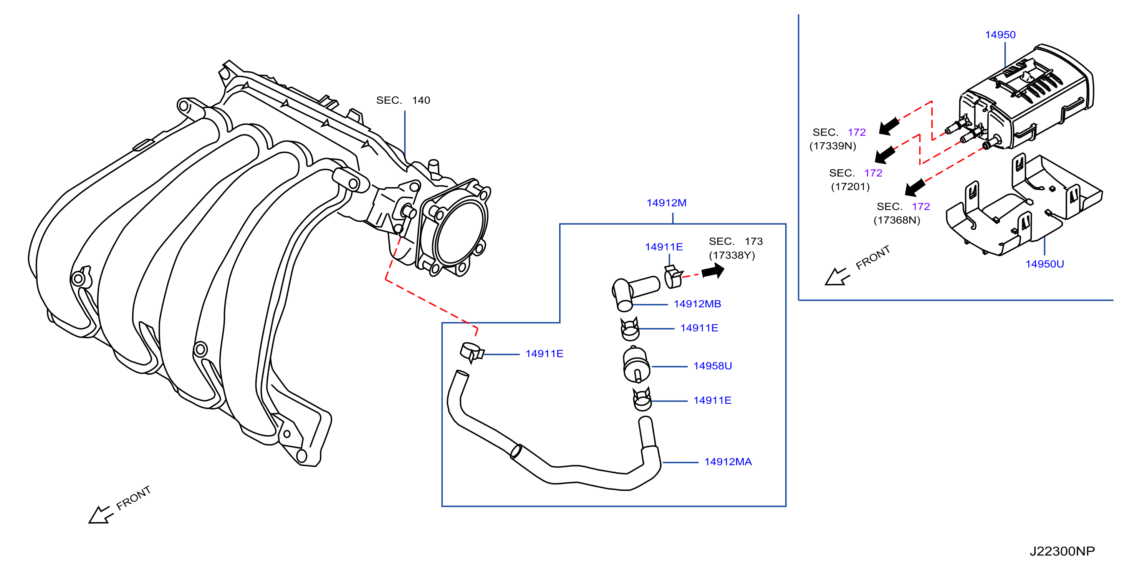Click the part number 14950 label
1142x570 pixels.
(1000, 35)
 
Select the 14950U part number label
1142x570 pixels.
(1044, 264)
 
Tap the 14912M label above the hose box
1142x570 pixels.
(666, 203)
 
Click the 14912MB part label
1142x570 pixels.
(697, 304)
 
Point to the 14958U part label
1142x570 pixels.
(712, 366)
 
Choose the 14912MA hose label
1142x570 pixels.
(728, 462)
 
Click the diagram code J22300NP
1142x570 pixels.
(1062, 551)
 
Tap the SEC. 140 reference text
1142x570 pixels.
(403, 100)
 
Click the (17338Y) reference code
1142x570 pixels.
(732, 255)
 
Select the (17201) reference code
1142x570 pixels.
(850, 186)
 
